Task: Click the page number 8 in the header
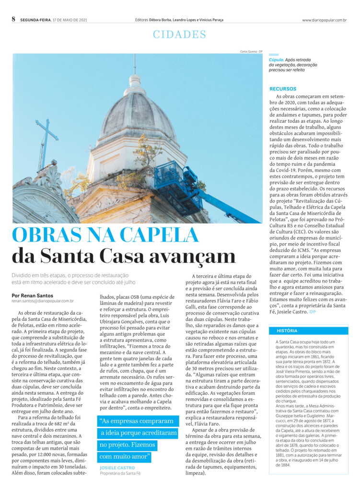pos(14,19)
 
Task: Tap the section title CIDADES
pos(179,35)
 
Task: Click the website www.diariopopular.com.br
pos(325,20)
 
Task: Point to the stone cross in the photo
pos(46,141)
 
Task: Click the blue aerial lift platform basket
pos(169,175)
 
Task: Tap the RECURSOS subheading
pos(283,89)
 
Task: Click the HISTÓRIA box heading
pos(287,331)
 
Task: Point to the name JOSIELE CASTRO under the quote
pos(117,468)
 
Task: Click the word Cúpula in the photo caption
pos(276,60)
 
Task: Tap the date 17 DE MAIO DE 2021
pos(70,20)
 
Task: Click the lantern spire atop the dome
pos(135,82)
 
